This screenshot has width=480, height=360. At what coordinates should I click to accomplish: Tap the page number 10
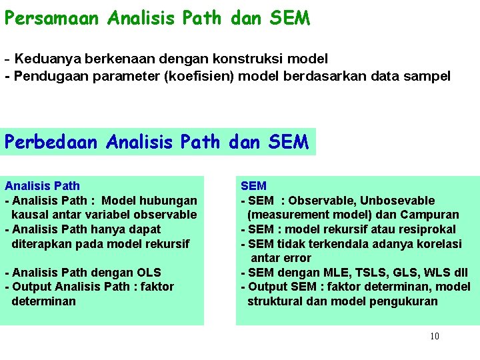(x=434, y=336)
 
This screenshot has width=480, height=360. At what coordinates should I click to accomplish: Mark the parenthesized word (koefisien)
(x=188, y=76)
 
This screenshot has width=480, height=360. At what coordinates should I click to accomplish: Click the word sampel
(x=427, y=76)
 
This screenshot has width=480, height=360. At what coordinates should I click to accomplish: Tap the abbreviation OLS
(x=146, y=272)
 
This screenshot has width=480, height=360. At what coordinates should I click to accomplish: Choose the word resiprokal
(x=426, y=229)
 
